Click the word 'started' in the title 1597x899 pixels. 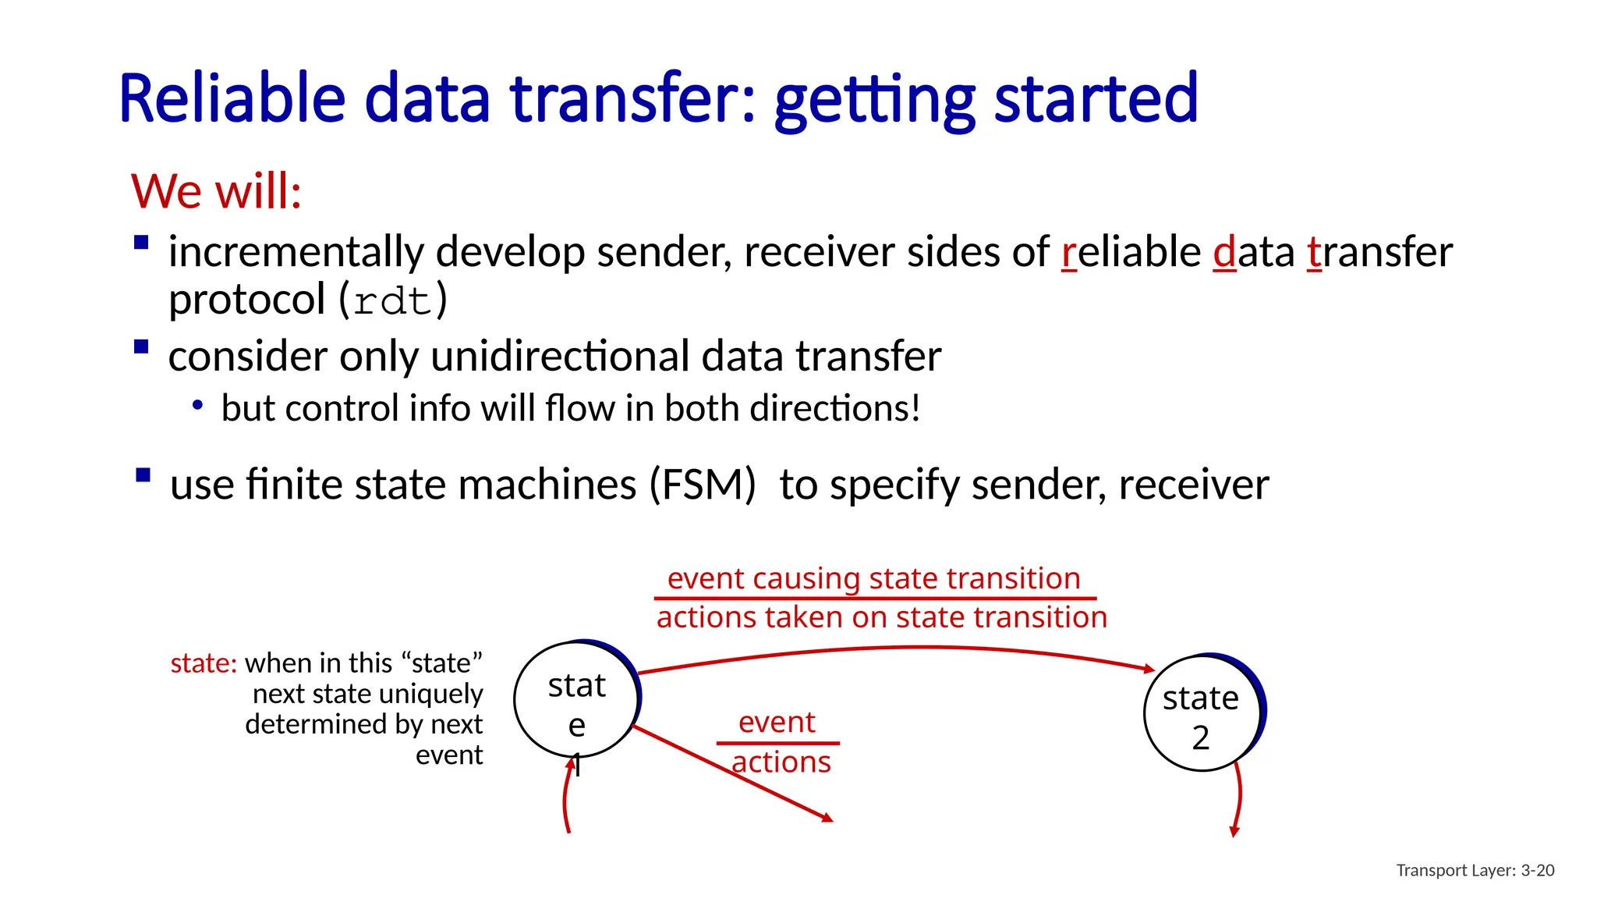(x=1096, y=99)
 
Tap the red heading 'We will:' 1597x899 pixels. (x=216, y=191)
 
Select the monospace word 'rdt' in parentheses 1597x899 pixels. (x=392, y=302)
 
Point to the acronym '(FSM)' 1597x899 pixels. (x=703, y=485)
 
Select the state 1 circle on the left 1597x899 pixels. (x=575, y=700)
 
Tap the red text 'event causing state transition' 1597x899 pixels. (x=873, y=579)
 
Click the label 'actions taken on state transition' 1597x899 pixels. (x=881, y=617)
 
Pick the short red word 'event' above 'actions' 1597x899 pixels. (x=777, y=722)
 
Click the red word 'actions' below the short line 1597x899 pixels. (x=781, y=762)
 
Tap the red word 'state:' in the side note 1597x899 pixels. (x=204, y=663)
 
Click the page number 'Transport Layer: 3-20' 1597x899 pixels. (x=1475, y=870)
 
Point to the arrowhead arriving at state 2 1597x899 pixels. (x=1149, y=669)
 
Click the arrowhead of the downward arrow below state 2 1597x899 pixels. (x=1234, y=832)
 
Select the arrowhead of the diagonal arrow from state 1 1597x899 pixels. (x=828, y=818)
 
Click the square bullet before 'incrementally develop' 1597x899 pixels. (x=141, y=243)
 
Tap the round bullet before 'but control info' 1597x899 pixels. (x=198, y=405)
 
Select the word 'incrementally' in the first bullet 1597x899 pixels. (x=296, y=253)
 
